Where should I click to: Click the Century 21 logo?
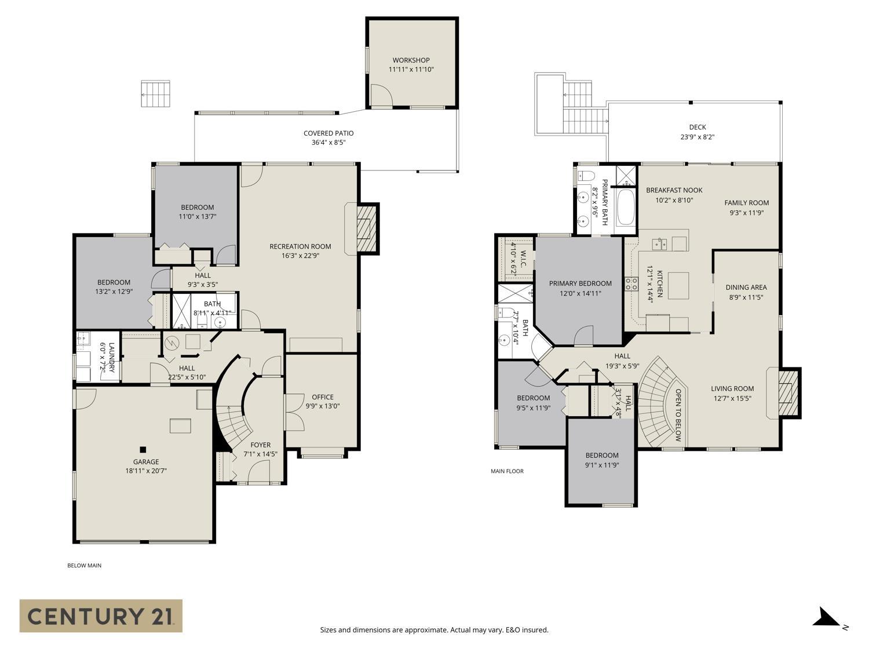click(x=101, y=615)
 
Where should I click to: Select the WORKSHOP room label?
click(x=411, y=60)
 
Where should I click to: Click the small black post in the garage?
click(x=143, y=449)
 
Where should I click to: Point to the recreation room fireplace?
click(x=366, y=228)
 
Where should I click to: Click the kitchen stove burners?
click(x=631, y=283)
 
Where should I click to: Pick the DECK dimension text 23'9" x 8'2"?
click(x=698, y=137)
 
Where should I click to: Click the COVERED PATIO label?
click(x=328, y=133)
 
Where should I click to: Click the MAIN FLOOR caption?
click(x=507, y=471)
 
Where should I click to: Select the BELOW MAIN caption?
click(x=84, y=565)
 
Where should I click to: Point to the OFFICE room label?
click(x=323, y=397)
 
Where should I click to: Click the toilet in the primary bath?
click(x=587, y=175)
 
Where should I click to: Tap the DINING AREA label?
click(x=746, y=287)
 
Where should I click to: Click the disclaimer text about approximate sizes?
click(x=434, y=630)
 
